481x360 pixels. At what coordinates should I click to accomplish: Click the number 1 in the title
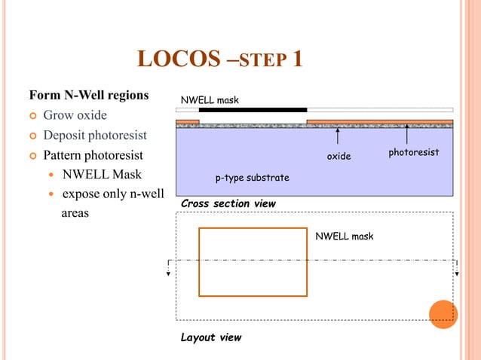(x=297, y=59)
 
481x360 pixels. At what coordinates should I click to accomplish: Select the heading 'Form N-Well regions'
(x=88, y=96)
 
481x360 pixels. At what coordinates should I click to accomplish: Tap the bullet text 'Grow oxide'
(x=75, y=115)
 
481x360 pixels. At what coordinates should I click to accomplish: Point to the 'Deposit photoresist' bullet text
(x=94, y=136)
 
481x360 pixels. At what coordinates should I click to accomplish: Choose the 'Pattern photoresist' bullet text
(x=93, y=156)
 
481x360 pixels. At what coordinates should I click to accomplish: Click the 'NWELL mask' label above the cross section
(x=209, y=100)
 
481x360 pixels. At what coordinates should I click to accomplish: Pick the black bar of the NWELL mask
(x=253, y=110)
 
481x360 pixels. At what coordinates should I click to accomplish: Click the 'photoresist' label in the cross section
(x=413, y=153)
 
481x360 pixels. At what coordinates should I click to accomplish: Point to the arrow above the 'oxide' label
(x=338, y=137)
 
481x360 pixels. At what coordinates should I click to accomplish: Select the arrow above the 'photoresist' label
(x=407, y=134)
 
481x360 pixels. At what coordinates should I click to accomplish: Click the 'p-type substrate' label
(x=253, y=178)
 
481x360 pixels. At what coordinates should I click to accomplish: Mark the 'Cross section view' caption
(x=228, y=204)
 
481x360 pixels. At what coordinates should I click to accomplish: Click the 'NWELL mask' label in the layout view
(x=345, y=236)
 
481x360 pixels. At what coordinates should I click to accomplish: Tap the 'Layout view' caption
(x=211, y=337)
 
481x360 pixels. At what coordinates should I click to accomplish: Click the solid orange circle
(x=443, y=314)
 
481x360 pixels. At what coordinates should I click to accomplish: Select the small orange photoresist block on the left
(x=187, y=121)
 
